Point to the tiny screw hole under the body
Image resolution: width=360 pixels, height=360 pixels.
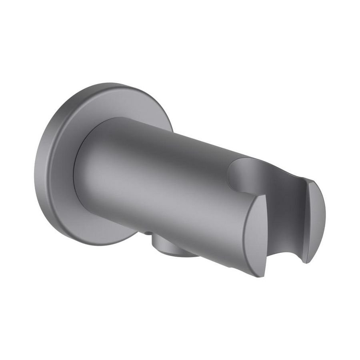click(148, 233)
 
